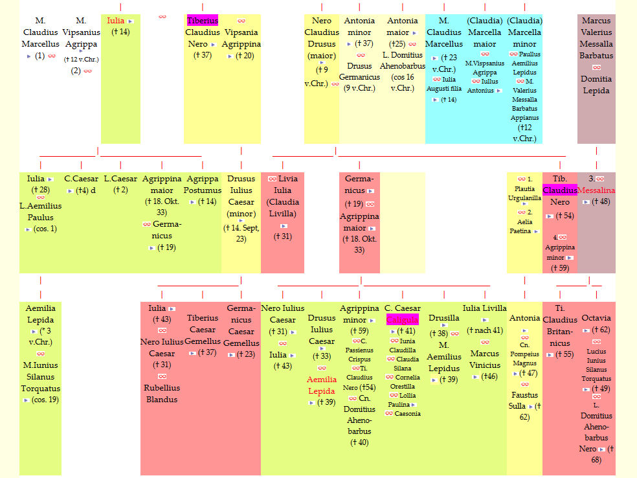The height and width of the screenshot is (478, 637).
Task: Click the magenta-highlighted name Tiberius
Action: coord(202,21)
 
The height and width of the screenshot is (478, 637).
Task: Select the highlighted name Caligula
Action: coord(402,320)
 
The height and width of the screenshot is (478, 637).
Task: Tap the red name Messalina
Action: coord(596,190)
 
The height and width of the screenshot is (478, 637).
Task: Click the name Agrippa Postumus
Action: coord(202,184)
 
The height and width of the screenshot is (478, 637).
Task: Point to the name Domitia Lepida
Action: coord(596,85)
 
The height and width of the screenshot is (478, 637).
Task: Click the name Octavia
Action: coord(596,319)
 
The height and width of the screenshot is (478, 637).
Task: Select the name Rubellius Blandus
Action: coord(162,394)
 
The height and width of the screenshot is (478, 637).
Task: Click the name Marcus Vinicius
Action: coord(484,359)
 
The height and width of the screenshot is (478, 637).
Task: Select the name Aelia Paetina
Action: coord(523,226)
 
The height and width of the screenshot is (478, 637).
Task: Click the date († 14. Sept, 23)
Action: coord(241,233)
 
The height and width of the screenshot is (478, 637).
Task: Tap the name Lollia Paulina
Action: coord(402,400)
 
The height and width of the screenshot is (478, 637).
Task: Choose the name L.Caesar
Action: coord(120,179)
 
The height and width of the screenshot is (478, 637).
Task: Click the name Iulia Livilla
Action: coord(484,308)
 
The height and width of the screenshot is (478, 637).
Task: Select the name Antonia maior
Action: coord(402,27)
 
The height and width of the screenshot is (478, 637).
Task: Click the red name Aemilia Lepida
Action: coord(322,385)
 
